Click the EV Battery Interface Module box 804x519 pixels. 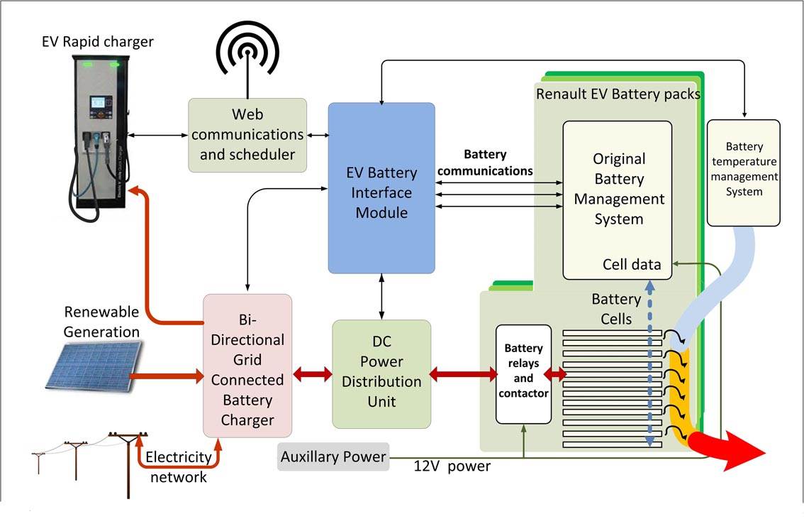pyautogui.click(x=381, y=188)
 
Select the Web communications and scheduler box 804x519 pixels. pyautogui.click(x=247, y=135)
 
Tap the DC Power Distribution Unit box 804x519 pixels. pyautogui.click(x=381, y=374)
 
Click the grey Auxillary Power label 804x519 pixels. pyautogui.click(x=333, y=457)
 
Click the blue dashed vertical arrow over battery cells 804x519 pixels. pyautogui.click(x=649, y=362)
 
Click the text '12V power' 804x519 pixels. pyautogui.click(x=452, y=466)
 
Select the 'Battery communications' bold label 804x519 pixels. pyautogui.click(x=486, y=163)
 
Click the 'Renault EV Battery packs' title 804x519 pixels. pyautogui.click(x=618, y=94)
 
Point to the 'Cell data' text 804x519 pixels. pyautogui.click(x=631, y=265)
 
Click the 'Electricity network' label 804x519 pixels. pyautogui.click(x=178, y=466)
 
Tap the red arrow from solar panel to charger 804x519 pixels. pyautogui.click(x=167, y=374)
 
